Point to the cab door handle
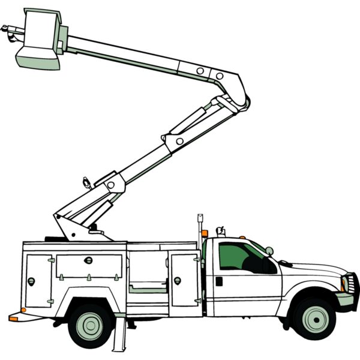coord(219,281)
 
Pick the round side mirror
coord(269,251)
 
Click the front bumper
coord(346,299)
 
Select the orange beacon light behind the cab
coord(205,233)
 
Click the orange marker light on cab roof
coord(242,238)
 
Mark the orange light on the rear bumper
coord(13,319)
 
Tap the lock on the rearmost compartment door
coord(31,281)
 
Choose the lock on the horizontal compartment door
coord(89,260)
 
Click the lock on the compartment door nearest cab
coord(177,280)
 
